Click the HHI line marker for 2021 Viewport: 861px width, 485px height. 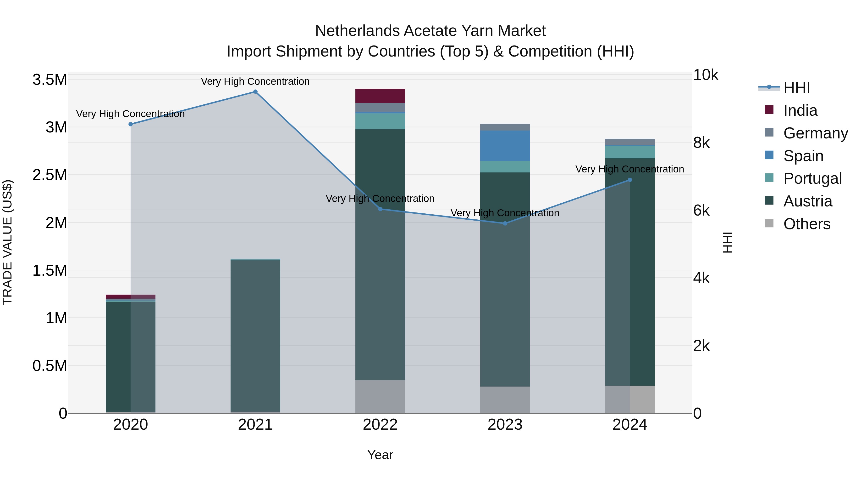click(255, 92)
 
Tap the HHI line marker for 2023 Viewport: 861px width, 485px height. click(505, 223)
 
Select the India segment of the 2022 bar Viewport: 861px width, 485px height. click(380, 96)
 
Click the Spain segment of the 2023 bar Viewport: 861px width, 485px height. click(505, 146)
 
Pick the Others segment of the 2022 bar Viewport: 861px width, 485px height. click(380, 396)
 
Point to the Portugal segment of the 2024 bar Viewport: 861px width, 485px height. click(630, 152)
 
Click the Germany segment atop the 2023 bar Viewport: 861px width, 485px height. click(505, 127)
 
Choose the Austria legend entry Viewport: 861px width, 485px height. click(807, 201)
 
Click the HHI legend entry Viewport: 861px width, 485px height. click(796, 88)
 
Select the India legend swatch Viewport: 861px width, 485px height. click(769, 110)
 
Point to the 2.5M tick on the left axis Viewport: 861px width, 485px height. click(50, 175)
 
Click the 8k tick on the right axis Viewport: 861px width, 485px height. click(701, 143)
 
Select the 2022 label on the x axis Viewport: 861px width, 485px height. click(380, 425)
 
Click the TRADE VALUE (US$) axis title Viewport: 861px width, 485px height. click(7, 242)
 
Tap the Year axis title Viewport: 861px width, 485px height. click(380, 455)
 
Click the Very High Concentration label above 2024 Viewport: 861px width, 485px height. click(629, 169)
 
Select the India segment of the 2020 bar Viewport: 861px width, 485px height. click(130, 297)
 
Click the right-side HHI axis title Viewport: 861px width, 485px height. click(727, 242)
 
